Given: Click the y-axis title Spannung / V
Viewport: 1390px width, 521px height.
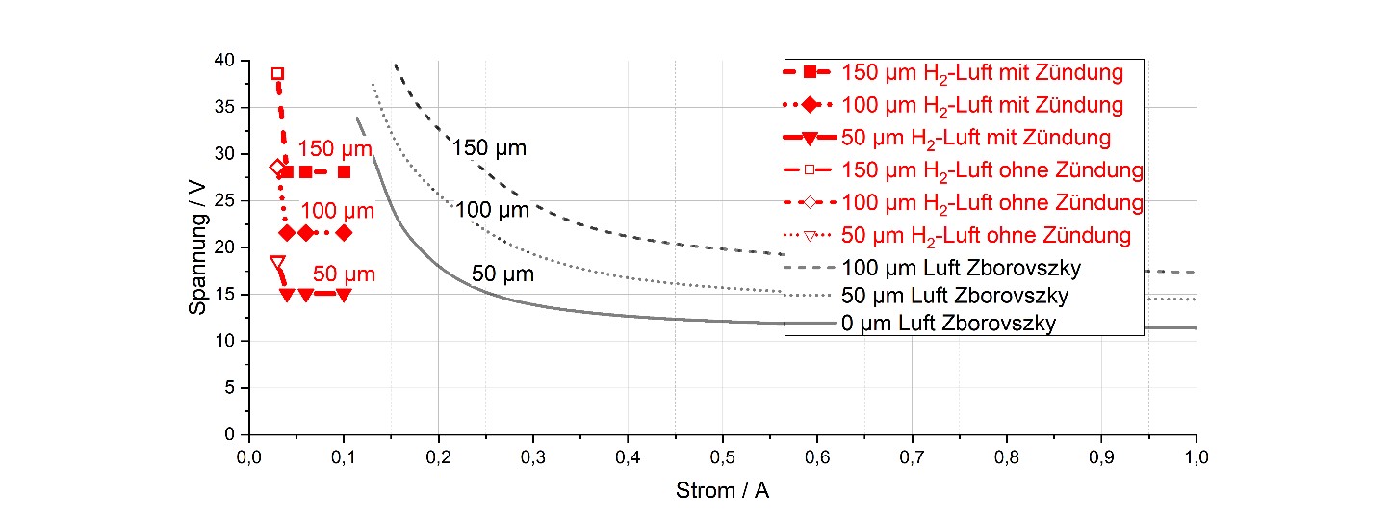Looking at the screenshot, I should [x=198, y=247].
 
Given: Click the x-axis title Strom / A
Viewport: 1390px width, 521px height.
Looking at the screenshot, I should [x=723, y=491].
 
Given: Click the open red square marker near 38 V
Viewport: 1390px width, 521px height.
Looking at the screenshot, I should [x=277, y=73].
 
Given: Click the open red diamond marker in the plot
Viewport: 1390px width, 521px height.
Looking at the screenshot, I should [x=277, y=168].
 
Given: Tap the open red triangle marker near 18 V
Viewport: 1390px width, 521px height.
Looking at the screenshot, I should [x=277, y=263].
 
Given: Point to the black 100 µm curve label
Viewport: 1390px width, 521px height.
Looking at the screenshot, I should [x=492, y=209].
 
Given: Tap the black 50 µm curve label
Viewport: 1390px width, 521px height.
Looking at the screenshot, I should [x=502, y=274].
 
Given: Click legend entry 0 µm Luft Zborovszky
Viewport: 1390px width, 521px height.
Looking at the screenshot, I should [x=948, y=324].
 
